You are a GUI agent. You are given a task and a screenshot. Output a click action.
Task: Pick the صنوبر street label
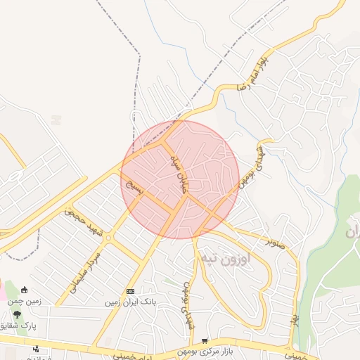coord(280,243)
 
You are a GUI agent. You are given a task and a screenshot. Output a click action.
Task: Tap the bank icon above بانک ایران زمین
coord(130,291)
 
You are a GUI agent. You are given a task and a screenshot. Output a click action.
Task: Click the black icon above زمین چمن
coord(25,290)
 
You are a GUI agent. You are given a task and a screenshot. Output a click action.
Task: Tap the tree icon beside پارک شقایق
coord(16,314)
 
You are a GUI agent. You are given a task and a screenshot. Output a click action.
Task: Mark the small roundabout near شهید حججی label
coord(108,238)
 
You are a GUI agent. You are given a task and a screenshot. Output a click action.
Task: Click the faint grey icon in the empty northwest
coord(57,120)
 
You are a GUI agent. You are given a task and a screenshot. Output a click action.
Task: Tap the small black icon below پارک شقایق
coord(36,349)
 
